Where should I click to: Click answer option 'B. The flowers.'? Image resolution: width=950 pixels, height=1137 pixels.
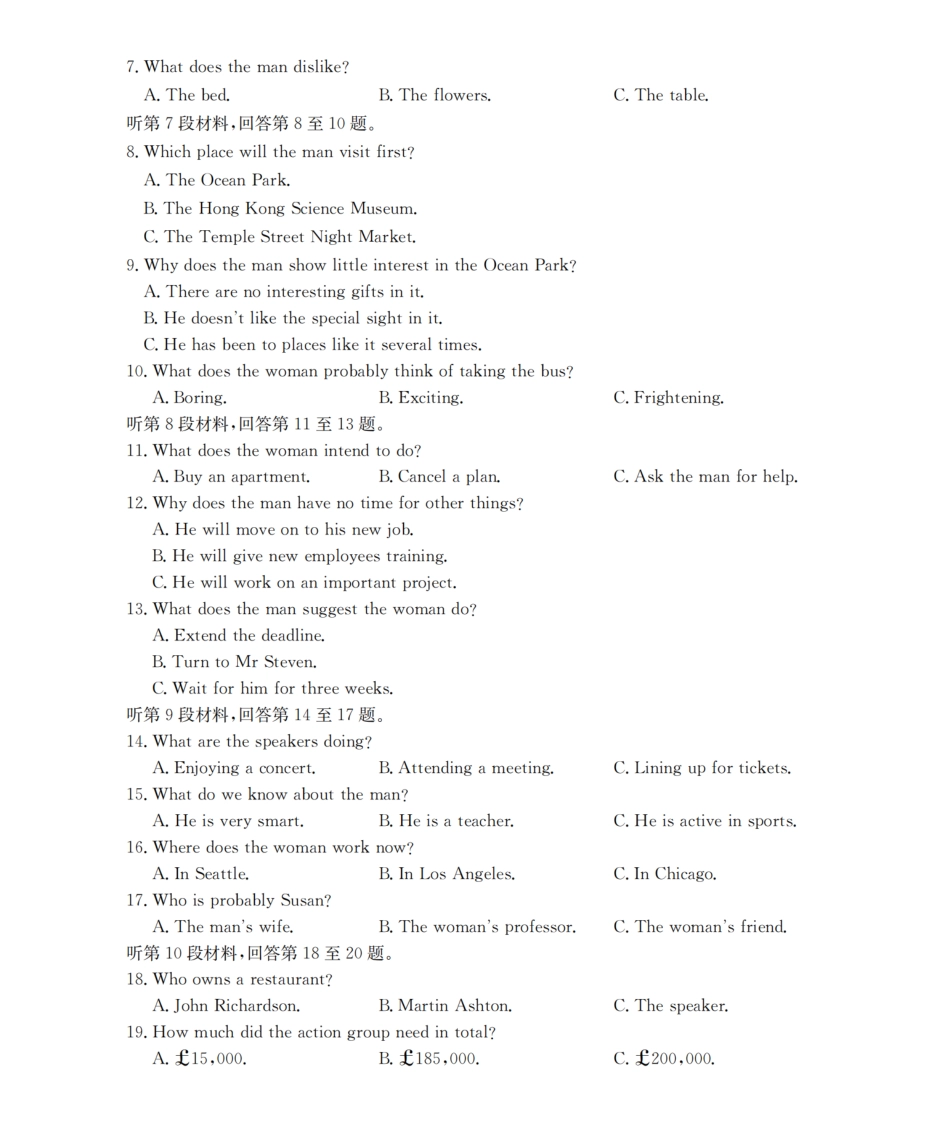click(x=435, y=96)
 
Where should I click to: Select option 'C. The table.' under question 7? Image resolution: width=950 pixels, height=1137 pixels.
click(x=661, y=96)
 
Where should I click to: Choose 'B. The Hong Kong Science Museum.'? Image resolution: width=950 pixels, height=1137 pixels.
click(x=280, y=209)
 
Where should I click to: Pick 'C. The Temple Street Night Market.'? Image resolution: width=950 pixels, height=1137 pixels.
click(x=280, y=238)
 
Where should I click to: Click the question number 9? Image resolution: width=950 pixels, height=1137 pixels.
click(x=132, y=266)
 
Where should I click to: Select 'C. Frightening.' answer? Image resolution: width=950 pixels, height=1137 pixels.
click(x=668, y=398)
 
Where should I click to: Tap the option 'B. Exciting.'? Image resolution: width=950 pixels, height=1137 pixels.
click(x=421, y=398)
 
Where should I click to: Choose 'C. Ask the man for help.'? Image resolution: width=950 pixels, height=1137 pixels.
click(x=705, y=477)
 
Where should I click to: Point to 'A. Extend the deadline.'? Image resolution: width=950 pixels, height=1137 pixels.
click(x=239, y=636)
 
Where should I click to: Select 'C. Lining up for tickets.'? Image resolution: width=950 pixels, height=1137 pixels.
click(x=702, y=769)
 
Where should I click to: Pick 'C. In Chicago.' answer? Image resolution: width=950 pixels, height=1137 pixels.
click(x=665, y=874)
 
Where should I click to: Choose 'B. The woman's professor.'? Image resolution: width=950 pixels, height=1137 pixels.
click(x=477, y=927)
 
